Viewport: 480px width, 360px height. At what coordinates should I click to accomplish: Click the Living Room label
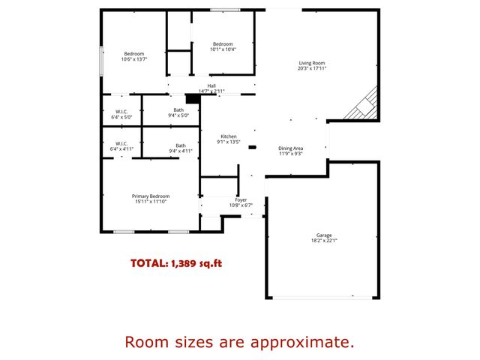311,63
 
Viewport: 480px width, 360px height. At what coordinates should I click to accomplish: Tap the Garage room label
324,235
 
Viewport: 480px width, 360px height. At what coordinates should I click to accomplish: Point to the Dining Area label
291,148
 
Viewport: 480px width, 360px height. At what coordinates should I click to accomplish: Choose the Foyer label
241,199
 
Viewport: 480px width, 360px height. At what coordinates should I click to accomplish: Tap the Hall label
211,86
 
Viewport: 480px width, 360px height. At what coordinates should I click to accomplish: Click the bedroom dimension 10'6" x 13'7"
133,58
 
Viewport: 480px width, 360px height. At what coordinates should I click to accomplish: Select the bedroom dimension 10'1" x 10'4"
223,49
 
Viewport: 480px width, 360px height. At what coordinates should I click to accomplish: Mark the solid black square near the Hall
191,98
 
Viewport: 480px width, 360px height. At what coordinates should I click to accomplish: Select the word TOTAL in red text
148,263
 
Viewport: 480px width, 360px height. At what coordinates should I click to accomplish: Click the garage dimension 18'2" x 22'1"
324,241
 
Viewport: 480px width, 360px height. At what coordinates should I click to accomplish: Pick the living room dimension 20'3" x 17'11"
311,68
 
